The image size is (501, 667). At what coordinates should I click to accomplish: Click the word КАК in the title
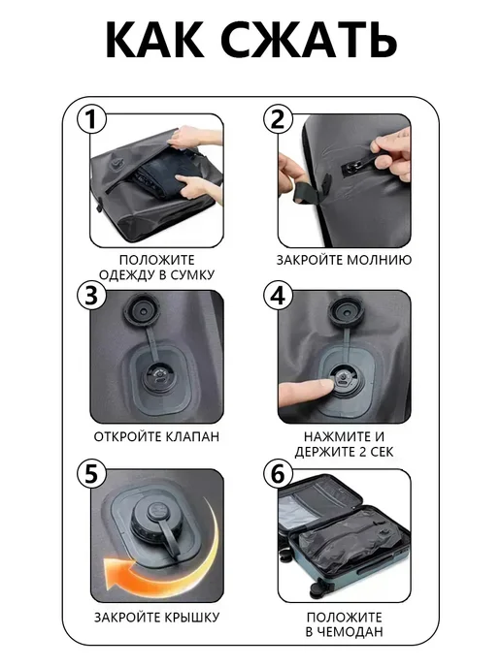[155, 40]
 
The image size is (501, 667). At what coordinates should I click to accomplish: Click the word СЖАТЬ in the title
[309, 40]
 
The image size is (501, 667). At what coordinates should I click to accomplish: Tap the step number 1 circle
[91, 119]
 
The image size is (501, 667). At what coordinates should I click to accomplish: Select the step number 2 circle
[279, 119]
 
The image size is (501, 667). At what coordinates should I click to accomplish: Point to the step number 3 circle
[91, 296]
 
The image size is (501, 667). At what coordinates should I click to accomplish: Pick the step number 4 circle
[279, 296]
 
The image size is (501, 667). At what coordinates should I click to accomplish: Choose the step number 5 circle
[91, 474]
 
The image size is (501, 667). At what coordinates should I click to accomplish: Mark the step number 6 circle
[279, 474]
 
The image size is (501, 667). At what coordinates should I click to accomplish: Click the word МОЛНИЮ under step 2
[381, 260]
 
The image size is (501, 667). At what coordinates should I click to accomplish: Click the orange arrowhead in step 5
[116, 573]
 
